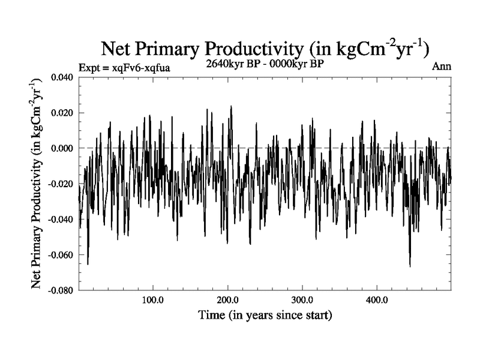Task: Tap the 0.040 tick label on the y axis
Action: click(62, 77)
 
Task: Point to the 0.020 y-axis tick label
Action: click(62, 113)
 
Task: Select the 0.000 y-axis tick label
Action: click(62, 148)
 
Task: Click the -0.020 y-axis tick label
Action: click(60, 184)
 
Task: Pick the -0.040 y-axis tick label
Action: click(60, 219)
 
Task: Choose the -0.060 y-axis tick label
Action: click(60, 254)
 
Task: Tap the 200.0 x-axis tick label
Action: click(228, 300)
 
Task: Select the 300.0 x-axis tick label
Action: click(302, 300)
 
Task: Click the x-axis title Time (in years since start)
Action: click(266, 314)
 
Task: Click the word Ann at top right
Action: click(442, 67)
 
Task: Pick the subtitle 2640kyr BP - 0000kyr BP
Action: click(265, 64)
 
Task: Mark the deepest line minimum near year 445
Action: click(410, 266)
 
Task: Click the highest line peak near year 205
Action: click(231, 107)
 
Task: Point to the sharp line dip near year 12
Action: click(88, 263)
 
